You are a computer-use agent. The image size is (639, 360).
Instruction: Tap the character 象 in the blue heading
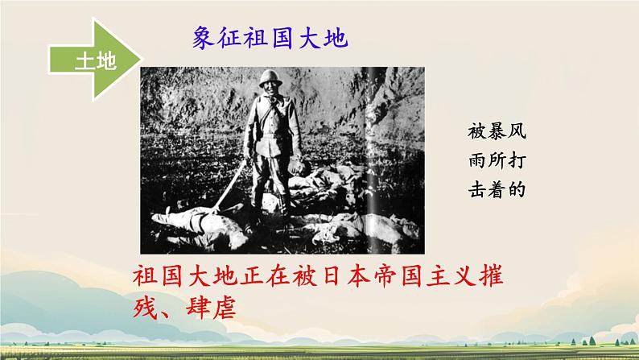click(206, 39)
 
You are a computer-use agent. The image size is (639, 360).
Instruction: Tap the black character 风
click(526, 130)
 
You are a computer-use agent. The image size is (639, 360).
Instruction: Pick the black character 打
click(526, 161)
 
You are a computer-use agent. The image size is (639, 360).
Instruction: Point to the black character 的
click(526, 192)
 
